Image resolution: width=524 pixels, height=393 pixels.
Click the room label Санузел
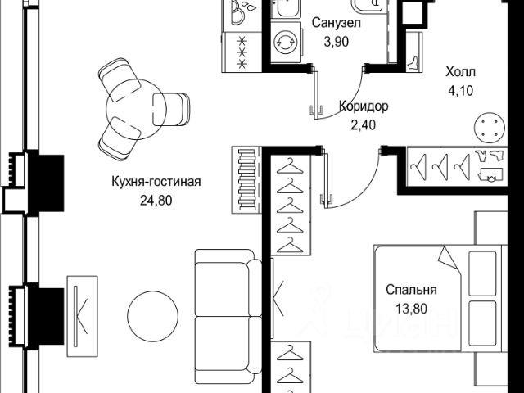tap(333, 24)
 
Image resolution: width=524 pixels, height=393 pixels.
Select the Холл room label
tap(460, 71)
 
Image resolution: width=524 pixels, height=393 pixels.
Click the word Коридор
tap(363, 106)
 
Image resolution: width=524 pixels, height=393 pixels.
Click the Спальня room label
tap(411, 289)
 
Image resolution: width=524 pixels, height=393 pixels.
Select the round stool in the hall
tap(489, 128)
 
